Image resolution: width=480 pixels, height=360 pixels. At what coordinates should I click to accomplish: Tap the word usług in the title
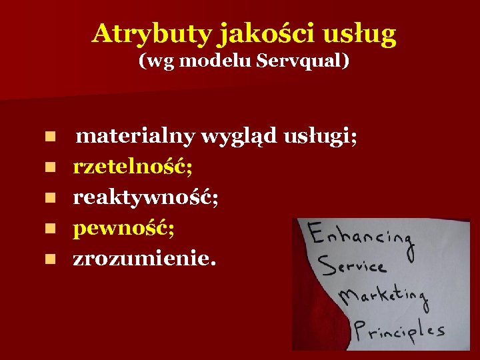(363, 33)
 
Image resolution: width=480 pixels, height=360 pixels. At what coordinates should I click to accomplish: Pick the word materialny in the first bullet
(135, 137)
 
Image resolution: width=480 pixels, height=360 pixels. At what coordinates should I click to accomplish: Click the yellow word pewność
(124, 229)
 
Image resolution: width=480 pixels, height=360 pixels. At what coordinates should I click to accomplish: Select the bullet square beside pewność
(49, 229)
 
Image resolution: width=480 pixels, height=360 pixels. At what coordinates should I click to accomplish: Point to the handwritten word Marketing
(383, 297)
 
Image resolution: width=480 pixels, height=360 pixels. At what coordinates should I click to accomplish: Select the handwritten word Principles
(399, 329)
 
